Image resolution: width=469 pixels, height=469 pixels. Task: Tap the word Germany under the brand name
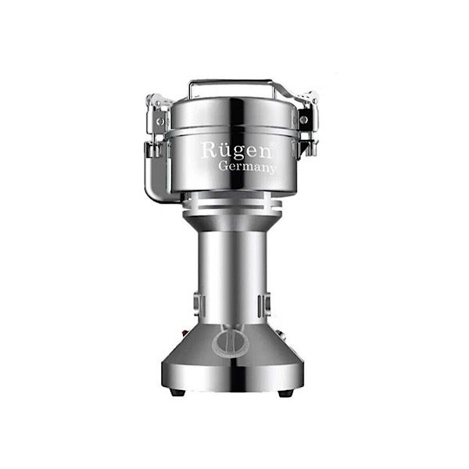pyautogui.click(x=247, y=167)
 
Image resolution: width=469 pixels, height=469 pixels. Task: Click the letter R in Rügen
pyautogui.click(x=208, y=150)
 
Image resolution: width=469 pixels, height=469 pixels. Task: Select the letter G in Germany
pyautogui.click(x=224, y=166)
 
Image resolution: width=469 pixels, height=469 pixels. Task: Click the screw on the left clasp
pyautogui.click(x=160, y=121)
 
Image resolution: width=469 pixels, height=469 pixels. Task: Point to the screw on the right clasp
pyautogui.click(x=304, y=120)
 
